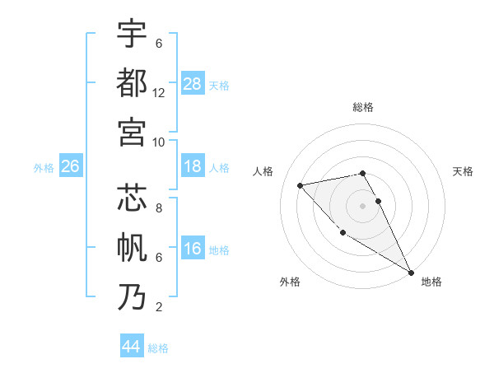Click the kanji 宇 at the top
pyautogui.click(x=132, y=34)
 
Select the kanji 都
pyautogui.click(x=132, y=82)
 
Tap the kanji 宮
pyautogui.click(x=132, y=131)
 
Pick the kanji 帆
pyautogui.click(x=132, y=247)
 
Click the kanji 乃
pyautogui.click(x=132, y=296)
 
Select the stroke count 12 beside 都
pyautogui.click(x=159, y=93)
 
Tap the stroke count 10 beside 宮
pyautogui.click(x=159, y=142)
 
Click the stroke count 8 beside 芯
pyautogui.click(x=159, y=208)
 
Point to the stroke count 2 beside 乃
pyautogui.click(x=159, y=307)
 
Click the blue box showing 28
pyautogui.click(x=193, y=83)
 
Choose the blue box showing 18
pyautogui.click(x=193, y=167)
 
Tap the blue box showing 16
pyautogui.click(x=193, y=249)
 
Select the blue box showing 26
pyautogui.click(x=70, y=167)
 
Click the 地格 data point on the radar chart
pyautogui.click(x=412, y=273)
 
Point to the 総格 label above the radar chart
pyautogui.click(x=363, y=108)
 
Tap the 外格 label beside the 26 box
pyautogui.click(x=44, y=168)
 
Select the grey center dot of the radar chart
pyautogui.click(x=363, y=205)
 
